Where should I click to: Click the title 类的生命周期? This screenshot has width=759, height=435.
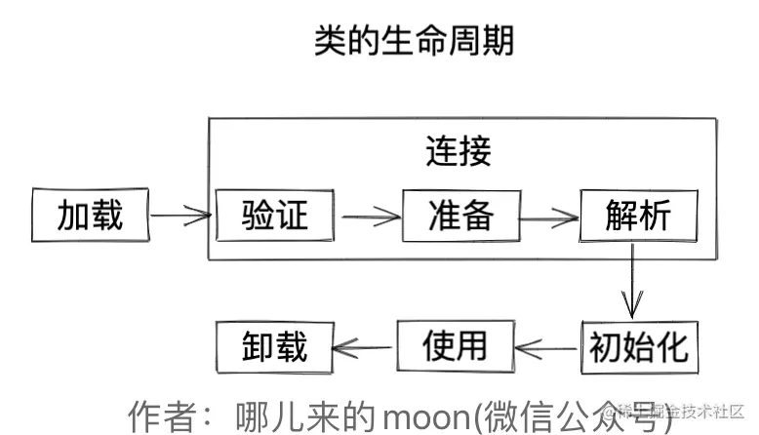coord(414,41)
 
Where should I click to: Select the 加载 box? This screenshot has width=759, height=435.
coord(91,215)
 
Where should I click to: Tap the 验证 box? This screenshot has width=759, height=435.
coord(275,213)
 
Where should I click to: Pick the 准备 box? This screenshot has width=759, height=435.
coord(460,214)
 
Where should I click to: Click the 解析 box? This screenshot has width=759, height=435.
coord(639,215)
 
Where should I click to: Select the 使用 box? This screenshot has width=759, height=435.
coord(455,345)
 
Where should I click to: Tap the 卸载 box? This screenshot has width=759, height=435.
coord(274,346)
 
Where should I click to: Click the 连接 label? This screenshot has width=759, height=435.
coord(458,151)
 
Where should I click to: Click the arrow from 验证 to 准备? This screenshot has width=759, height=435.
coord(368,215)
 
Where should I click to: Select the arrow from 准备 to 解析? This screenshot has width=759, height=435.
coord(548,216)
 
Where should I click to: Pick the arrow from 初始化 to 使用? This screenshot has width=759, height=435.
coord(546,346)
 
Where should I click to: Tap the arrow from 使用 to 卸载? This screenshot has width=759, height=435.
coord(364,346)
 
